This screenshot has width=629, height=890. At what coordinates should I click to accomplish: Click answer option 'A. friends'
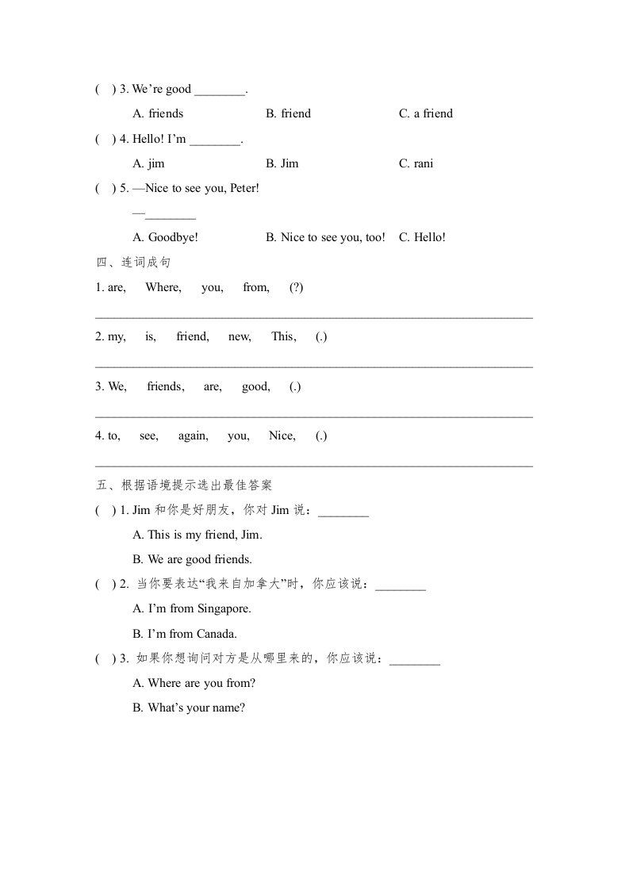click(158, 113)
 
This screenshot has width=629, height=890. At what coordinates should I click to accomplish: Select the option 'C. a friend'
click(425, 113)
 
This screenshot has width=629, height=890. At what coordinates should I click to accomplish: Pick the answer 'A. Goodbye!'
click(165, 237)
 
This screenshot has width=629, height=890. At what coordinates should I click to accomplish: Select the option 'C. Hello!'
click(422, 237)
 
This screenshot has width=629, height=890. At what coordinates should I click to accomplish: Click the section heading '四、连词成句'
click(132, 263)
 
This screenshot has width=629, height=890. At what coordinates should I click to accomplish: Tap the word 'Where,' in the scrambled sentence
click(163, 287)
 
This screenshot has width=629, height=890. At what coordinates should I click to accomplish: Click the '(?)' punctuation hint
click(297, 287)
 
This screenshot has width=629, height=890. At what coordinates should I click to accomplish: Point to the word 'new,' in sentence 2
click(240, 336)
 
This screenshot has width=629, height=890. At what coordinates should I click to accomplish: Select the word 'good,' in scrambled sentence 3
click(256, 386)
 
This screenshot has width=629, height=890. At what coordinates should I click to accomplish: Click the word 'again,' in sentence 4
click(194, 435)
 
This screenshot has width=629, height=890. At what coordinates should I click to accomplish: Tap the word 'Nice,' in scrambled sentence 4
click(282, 435)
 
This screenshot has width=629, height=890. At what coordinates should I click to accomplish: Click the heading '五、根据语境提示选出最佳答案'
click(183, 485)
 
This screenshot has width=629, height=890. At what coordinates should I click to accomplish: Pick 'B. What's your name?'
click(188, 708)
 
